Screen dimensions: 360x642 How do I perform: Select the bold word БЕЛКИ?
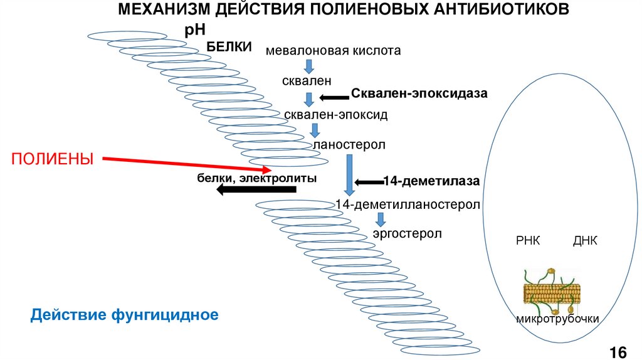[229, 47]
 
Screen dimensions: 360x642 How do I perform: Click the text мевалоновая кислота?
[333, 50]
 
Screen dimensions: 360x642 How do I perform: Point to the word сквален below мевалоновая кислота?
[307, 81]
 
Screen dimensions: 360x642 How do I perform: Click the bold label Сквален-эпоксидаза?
[419, 93]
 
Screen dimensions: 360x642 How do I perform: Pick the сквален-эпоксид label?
[336, 115]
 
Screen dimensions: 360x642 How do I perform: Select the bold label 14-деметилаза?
[431, 182]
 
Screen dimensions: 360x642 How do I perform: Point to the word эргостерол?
[407, 233]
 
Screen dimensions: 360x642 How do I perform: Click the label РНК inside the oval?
[527, 241]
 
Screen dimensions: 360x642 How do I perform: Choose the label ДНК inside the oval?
[585, 241]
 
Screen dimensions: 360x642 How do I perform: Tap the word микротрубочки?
[557, 319]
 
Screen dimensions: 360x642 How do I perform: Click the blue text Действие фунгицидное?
[125, 314]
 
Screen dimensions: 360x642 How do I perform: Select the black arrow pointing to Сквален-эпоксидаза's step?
[334, 97]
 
